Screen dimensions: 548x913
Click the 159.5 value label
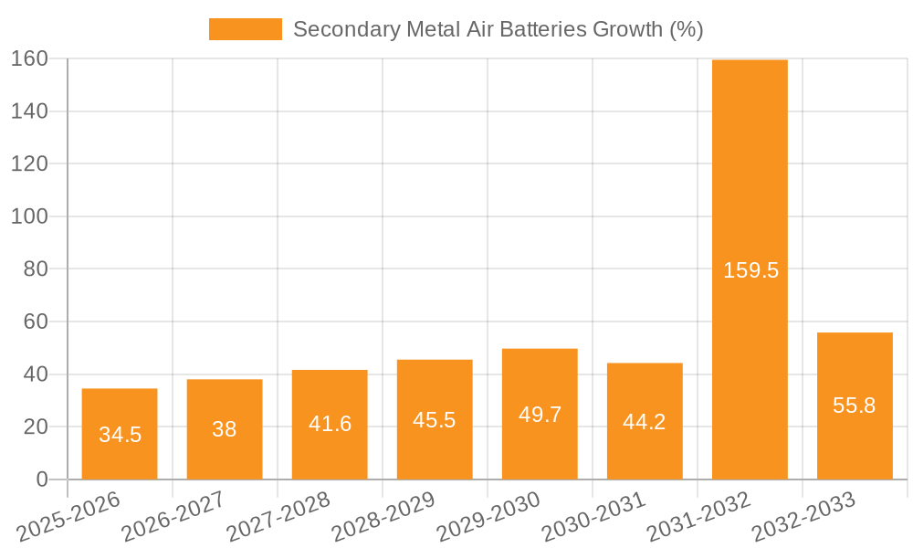(750, 270)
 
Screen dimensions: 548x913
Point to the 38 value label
(225, 429)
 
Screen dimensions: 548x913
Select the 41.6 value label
(330, 424)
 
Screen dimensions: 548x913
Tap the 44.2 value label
(645, 422)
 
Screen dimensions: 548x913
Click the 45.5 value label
(435, 420)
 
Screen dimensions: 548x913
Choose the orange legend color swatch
(246, 29)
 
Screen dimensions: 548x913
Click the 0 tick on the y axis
(41, 479)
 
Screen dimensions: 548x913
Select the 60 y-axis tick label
(35, 322)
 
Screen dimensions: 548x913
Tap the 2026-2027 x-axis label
(173, 517)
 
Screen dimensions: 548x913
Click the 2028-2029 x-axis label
(383, 517)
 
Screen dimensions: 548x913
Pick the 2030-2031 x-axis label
(593, 517)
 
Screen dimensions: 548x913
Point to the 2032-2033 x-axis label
(803, 517)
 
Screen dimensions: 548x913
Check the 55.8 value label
(855, 406)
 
